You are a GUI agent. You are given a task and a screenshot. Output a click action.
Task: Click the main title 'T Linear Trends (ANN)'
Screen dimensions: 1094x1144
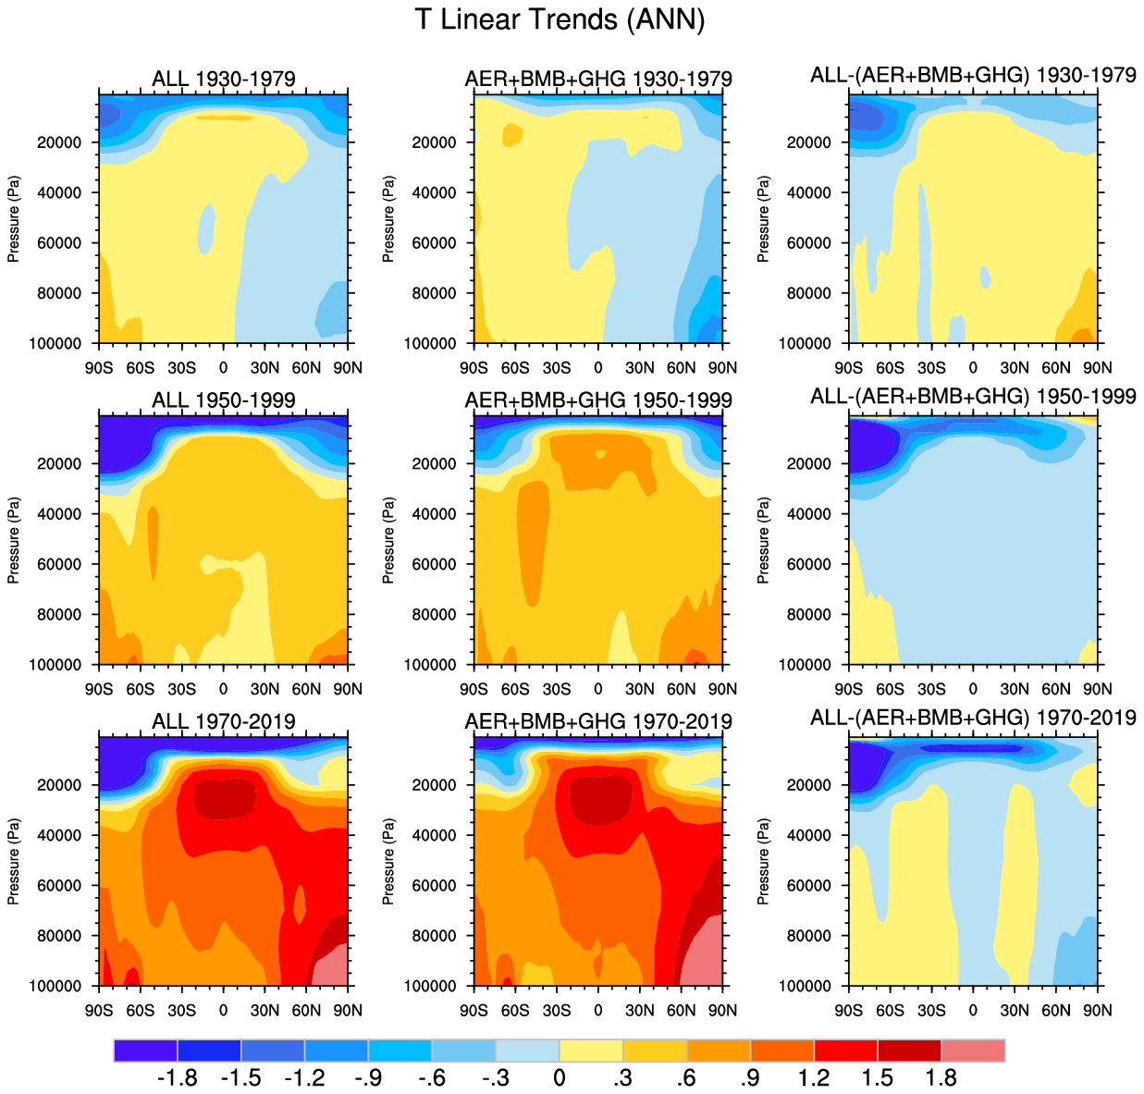560,20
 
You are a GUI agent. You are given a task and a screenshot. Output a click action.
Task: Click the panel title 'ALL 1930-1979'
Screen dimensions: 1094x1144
224,79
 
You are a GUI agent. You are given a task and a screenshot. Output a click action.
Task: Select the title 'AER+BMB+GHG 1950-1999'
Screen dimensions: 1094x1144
598,399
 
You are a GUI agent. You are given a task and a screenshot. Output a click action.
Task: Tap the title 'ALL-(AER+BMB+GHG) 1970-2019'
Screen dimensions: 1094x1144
973,718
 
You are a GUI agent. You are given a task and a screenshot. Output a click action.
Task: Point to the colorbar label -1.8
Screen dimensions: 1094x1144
177,1078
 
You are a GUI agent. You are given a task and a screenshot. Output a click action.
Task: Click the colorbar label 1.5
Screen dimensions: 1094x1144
877,1078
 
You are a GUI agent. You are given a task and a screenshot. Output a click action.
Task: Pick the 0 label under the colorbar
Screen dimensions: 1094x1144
560,1078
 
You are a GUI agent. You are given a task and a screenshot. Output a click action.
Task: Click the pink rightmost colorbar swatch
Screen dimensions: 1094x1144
973,1051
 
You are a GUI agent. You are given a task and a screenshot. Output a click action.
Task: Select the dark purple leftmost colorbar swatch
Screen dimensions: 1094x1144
145,1051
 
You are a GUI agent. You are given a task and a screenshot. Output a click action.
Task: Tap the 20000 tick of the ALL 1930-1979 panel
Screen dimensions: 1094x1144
60,142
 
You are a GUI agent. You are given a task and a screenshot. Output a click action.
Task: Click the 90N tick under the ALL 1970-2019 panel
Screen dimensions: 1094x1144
348,1010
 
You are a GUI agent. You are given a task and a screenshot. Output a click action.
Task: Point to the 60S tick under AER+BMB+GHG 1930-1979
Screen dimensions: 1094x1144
515,367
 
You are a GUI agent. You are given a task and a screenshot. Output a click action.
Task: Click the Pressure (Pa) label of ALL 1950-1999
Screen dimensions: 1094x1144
14,540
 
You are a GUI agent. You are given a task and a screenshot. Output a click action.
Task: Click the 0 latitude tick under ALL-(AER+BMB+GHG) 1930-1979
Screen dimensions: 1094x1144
973,367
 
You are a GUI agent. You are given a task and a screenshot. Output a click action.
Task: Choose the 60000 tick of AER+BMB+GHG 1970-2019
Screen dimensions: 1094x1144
435,885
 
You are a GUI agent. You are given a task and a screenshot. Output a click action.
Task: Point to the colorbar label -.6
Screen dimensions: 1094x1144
431,1078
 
